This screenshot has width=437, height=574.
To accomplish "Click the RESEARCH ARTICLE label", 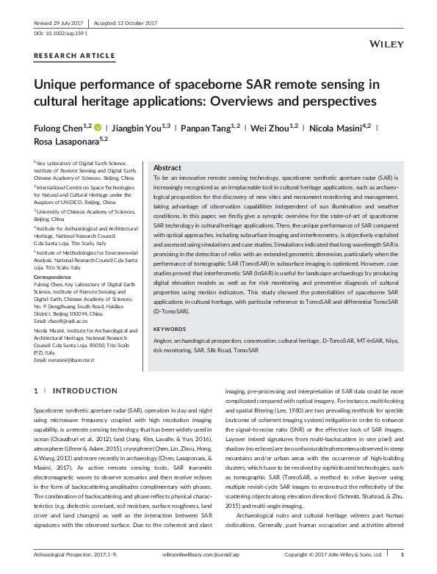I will click(74, 56).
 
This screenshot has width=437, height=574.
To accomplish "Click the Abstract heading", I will click(167, 168).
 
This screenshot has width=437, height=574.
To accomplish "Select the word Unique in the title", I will click(60, 84).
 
